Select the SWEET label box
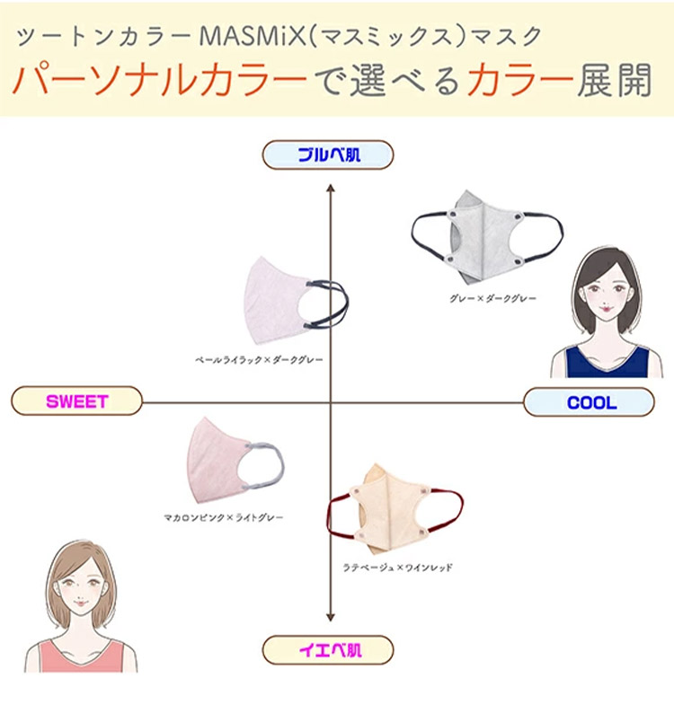tap(77, 401)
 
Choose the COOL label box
tap(590, 402)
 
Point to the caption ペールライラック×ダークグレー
tap(259, 359)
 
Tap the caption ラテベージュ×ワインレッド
tap(397, 568)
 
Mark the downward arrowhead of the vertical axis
tap(331, 618)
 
